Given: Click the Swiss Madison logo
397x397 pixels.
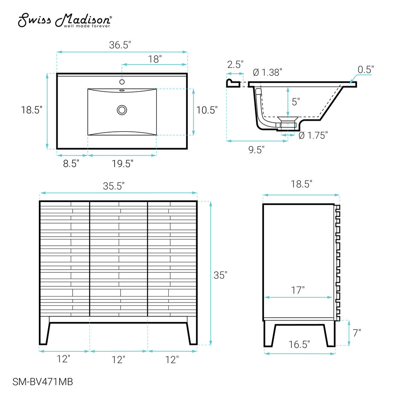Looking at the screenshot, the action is (65, 20).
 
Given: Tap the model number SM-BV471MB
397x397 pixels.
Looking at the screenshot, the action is (42, 382).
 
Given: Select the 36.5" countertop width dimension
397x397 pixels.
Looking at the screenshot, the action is (120, 45).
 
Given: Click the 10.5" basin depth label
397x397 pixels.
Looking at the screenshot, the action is (207, 110).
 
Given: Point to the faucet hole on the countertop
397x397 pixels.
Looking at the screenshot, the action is (122, 82).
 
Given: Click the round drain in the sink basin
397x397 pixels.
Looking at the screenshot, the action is (122, 110).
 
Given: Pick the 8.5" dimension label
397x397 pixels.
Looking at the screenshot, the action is (71, 164).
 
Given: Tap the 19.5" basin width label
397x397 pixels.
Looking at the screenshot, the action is (123, 164).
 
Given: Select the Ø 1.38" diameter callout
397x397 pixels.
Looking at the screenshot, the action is (267, 72).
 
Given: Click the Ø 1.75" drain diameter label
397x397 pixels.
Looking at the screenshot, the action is (313, 135).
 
